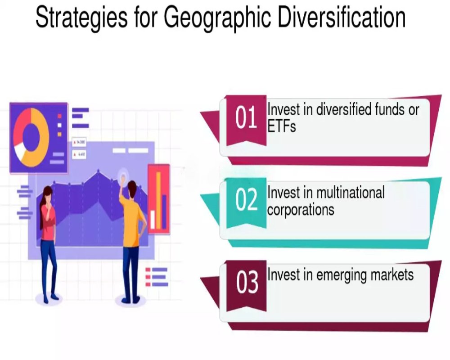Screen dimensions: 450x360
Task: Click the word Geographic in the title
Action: (217, 18)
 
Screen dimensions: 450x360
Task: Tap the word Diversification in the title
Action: (342, 17)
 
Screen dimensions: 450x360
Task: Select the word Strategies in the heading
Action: (81, 18)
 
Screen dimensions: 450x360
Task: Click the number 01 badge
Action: (246, 117)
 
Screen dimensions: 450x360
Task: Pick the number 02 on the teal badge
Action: (246, 200)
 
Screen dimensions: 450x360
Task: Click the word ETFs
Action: (282, 126)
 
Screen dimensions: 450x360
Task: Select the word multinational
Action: (350, 192)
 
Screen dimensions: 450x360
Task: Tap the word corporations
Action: (301, 209)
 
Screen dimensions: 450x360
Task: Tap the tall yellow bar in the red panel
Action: (158, 200)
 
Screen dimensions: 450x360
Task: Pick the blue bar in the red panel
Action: (164, 211)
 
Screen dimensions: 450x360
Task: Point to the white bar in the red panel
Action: (153, 220)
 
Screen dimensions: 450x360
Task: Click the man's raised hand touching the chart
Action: (123, 178)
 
